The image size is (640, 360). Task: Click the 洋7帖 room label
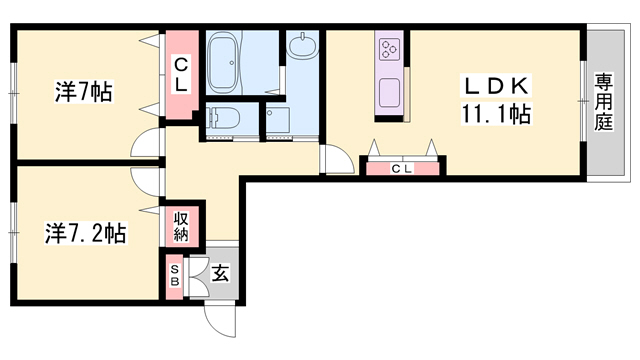82,93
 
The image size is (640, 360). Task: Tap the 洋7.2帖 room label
85,233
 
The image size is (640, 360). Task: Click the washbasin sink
302,46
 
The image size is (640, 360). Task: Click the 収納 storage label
181,226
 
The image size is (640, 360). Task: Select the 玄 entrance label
220,272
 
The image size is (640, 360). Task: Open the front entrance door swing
218,316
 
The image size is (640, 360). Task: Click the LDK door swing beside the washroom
331,161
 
